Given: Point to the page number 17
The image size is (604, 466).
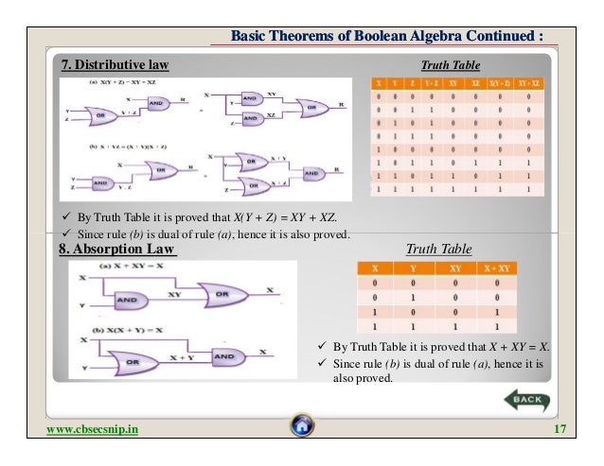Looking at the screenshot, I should (x=560, y=430).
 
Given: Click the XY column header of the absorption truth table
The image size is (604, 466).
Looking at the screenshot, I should (x=471, y=268).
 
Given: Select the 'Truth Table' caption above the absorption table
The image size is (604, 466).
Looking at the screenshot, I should (x=437, y=250).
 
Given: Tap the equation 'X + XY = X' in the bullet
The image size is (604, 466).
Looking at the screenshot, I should (x=513, y=345).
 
